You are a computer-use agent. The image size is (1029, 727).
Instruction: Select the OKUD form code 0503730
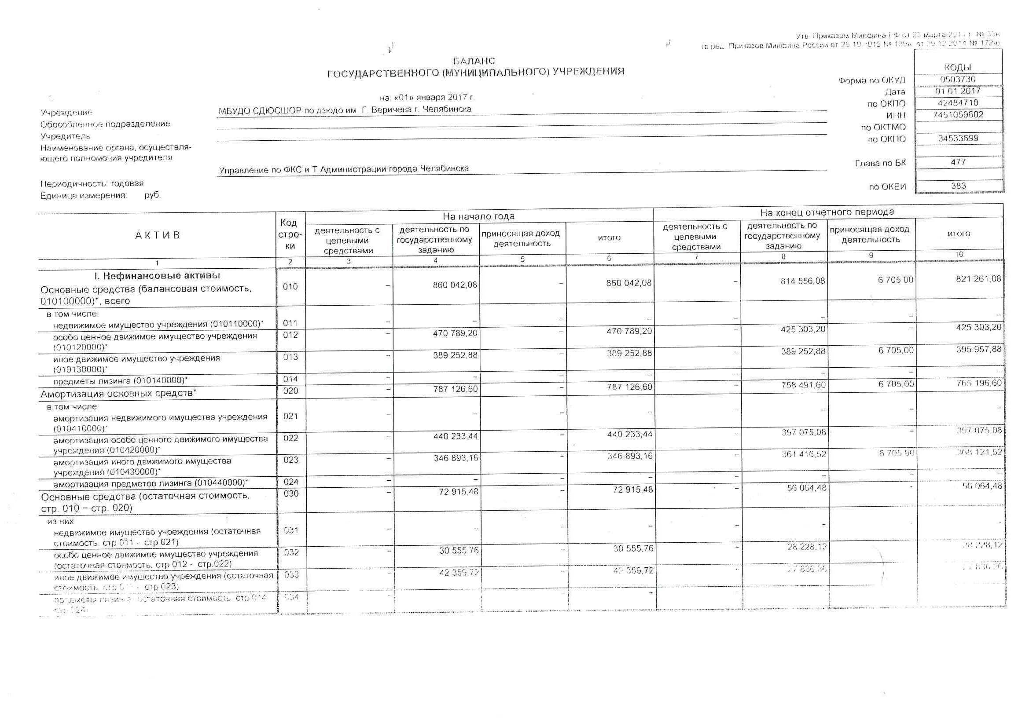point(958,79)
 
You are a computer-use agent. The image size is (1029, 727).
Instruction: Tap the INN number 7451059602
point(958,115)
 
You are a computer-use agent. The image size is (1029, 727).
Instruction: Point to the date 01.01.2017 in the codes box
point(958,91)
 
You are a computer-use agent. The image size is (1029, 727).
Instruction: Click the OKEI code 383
point(958,186)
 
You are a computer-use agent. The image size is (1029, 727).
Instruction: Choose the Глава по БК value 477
point(958,162)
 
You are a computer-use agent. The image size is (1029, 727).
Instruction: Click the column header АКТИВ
point(157,236)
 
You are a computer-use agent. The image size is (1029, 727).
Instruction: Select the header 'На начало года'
point(478,216)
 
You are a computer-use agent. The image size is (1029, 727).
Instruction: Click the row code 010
point(290,287)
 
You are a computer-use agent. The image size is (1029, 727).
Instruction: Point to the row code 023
point(291,460)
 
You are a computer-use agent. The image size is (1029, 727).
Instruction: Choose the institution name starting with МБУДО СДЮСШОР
point(345,110)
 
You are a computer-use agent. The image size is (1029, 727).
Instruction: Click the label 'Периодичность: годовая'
point(92,184)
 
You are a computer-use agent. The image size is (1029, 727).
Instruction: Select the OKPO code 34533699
point(958,139)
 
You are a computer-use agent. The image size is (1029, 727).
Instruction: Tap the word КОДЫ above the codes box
point(958,68)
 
